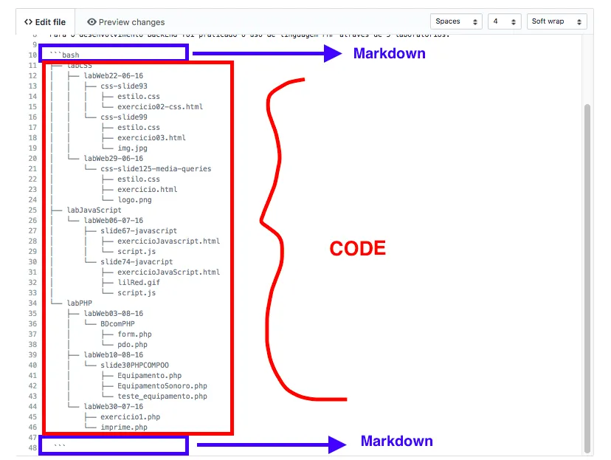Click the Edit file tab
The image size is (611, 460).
tap(45, 22)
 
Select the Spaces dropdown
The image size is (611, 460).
tap(457, 21)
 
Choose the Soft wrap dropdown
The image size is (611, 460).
tap(556, 21)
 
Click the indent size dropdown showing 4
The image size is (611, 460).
tap(505, 21)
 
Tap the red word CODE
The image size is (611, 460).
tap(357, 249)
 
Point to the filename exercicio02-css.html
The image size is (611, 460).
tap(159, 106)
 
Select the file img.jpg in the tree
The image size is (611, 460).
tap(132, 148)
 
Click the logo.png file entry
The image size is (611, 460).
tap(134, 199)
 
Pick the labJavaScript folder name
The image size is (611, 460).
tap(94, 210)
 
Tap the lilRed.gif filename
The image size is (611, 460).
tap(138, 282)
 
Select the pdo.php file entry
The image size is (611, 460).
tap(132, 344)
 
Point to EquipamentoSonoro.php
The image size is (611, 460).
tap(162, 385)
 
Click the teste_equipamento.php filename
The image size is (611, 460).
tap(162, 396)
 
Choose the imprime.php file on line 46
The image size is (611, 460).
tap(124, 427)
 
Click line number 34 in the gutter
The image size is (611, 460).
tap(32, 303)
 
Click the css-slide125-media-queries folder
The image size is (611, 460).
tap(156, 168)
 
